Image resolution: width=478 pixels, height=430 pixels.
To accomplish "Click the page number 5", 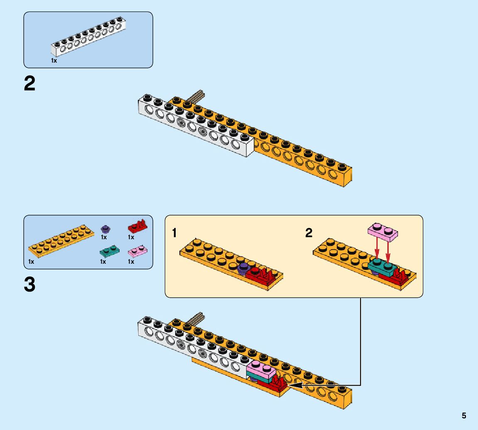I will [x=464, y=415].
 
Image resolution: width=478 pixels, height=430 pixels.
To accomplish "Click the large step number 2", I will [x=30, y=85].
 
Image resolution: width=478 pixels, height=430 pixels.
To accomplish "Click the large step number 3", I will [x=30, y=285].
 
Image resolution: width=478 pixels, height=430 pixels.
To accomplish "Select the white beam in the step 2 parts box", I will [x=88, y=38].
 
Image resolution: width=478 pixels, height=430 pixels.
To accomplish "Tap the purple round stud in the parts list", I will [x=105, y=228].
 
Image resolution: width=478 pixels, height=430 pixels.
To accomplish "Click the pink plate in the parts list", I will [x=138, y=251].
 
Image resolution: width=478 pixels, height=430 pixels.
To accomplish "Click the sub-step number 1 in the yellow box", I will [x=175, y=233].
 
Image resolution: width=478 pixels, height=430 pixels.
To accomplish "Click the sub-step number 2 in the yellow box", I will [x=309, y=233].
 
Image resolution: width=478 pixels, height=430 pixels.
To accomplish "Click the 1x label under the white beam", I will [x=54, y=61].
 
